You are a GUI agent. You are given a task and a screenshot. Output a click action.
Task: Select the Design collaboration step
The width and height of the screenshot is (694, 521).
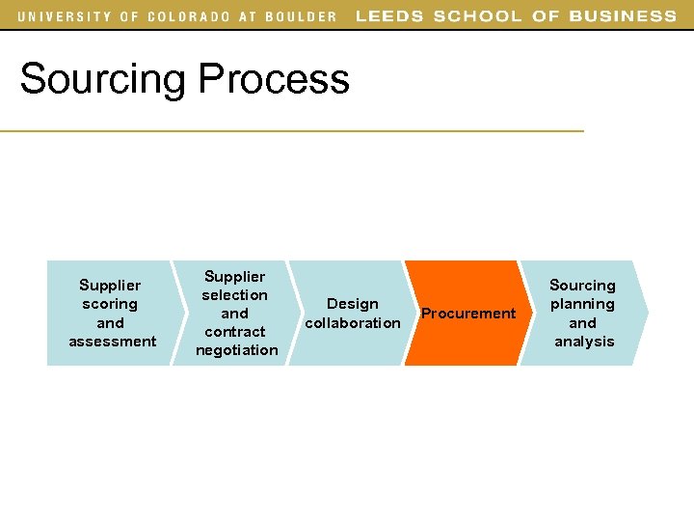[x=352, y=314]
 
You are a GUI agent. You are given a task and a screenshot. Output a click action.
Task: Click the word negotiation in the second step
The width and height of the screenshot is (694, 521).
[x=236, y=350]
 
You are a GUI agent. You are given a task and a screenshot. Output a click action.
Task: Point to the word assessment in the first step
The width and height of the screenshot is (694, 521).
[x=112, y=342]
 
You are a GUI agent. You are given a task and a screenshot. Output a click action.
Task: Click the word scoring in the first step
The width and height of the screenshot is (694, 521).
[x=110, y=304]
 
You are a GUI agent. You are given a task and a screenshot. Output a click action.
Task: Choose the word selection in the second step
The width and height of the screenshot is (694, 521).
[x=234, y=295]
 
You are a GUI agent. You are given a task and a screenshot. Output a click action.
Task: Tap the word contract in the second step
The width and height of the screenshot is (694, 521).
[x=235, y=332]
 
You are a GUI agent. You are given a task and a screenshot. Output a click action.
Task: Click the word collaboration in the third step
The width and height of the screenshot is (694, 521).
[x=352, y=323]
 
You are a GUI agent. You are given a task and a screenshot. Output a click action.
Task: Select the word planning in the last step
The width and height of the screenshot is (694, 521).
[x=582, y=304]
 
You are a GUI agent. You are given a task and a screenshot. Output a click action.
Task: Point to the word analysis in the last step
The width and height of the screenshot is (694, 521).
[x=584, y=342]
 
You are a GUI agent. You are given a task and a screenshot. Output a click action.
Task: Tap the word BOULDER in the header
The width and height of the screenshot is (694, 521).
[x=300, y=16]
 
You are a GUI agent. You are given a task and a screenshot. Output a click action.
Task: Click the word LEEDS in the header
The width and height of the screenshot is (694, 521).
[x=389, y=16]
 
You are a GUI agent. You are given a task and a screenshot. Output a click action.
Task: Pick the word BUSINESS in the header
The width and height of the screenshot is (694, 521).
[x=623, y=16]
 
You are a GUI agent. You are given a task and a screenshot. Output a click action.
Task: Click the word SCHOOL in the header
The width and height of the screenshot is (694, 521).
[x=476, y=16]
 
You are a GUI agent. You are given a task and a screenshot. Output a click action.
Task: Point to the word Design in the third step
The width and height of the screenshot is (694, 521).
[x=353, y=304]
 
